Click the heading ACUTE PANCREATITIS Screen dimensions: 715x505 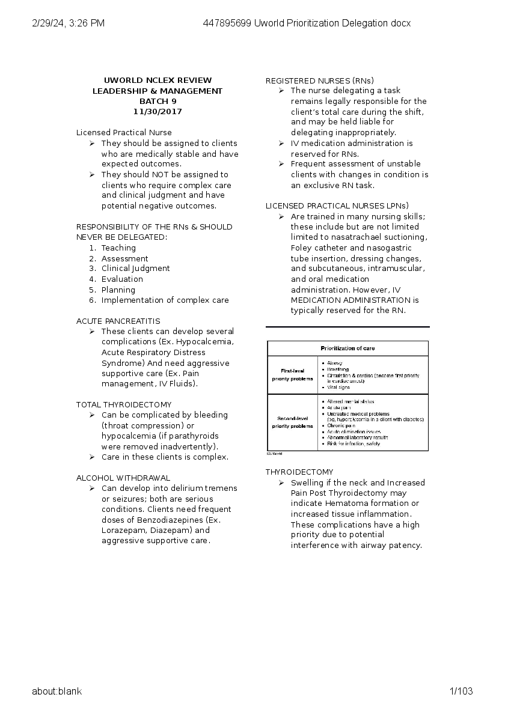click(118, 321)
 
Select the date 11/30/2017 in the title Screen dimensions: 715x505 click(158, 112)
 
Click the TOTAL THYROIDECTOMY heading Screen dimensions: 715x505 click(124, 404)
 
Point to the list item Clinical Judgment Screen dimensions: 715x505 click(135, 269)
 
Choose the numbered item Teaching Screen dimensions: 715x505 click(118, 248)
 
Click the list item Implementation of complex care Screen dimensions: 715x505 click(165, 300)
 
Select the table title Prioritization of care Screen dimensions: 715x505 click(347, 348)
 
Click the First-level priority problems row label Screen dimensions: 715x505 click(292, 375)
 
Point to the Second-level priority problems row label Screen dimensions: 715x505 click(292, 422)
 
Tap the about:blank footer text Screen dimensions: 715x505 click(57, 691)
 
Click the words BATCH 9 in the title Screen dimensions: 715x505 click(158, 102)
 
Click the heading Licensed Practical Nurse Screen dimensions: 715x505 click(124, 132)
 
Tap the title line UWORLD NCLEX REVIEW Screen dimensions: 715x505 click(158, 81)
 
